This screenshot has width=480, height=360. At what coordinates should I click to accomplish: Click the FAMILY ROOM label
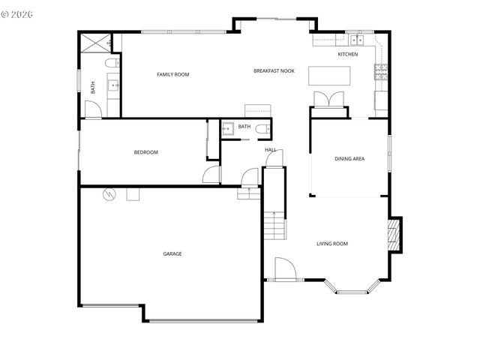pyautogui.click(x=172, y=74)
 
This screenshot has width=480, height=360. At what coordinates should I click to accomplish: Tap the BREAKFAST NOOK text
pyautogui.click(x=274, y=70)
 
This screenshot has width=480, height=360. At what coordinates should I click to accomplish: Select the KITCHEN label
pyautogui.click(x=347, y=54)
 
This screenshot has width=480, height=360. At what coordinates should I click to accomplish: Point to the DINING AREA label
pyautogui.click(x=349, y=158)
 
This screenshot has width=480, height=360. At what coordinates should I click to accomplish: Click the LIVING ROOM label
pyautogui.click(x=331, y=243)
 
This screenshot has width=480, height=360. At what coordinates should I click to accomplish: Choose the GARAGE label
pyautogui.click(x=172, y=253)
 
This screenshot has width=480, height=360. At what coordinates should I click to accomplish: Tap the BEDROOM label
pyautogui.click(x=146, y=152)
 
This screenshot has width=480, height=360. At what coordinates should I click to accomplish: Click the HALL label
pyautogui.click(x=270, y=150)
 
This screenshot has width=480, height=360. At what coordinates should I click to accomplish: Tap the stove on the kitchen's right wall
pyautogui.click(x=382, y=72)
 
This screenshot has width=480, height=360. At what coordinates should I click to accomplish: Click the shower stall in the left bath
pyautogui.click(x=95, y=41)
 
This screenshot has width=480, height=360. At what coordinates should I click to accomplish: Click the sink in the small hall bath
pyautogui.click(x=227, y=127)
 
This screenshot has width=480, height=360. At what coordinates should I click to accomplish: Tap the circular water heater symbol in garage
pyautogui.click(x=109, y=193)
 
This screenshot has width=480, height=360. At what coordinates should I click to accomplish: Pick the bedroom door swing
pyautogui.click(x=212, y=174)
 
